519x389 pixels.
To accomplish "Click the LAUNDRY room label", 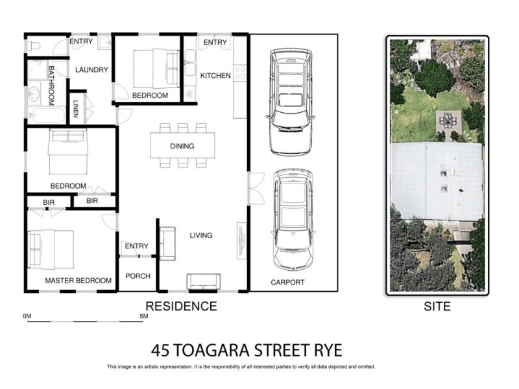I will [x=91, y=70].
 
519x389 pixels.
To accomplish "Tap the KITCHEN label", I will [x=215, y=76].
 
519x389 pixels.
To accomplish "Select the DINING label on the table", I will [x=182, y=147].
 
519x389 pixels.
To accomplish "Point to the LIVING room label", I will [x=201, y=235].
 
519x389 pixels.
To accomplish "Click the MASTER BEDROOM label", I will [x=78, y=281].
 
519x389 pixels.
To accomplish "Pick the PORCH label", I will [x=138, y=276].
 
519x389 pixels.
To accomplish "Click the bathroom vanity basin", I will [x=34, y=95].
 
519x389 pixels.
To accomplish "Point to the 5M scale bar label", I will [x=145, y=316].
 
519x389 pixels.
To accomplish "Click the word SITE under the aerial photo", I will [x=436, y=306].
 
